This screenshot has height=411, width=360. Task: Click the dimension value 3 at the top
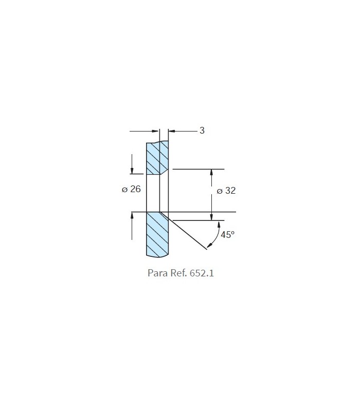click(202, 130)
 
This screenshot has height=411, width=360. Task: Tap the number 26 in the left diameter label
click(135, 189)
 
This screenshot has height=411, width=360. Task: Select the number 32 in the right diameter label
click(230, 191)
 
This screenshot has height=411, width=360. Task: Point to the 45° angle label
click(227, 234)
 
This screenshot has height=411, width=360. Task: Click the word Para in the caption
click(158, 273)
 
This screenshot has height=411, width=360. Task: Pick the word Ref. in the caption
click(178, 273)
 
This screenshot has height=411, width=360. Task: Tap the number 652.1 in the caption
click(202, 273)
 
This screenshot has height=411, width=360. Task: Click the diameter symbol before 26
click(124, 190)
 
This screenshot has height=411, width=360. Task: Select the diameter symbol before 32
click(220, 191)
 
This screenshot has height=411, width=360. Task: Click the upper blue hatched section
click(157, 158)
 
